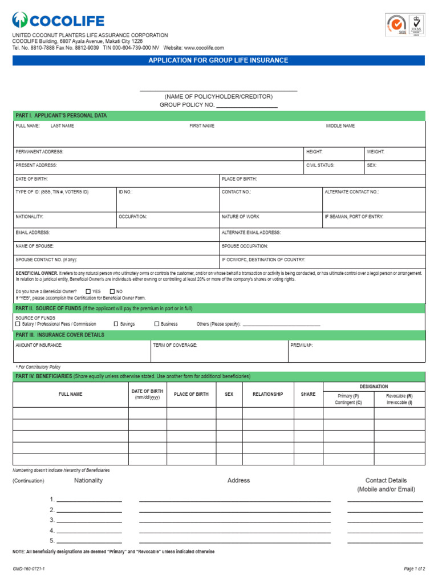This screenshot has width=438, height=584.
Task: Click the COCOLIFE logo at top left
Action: [58, 22]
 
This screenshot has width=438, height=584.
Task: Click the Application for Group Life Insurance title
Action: [218, 60]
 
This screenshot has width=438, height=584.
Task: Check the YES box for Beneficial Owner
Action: [88, 291]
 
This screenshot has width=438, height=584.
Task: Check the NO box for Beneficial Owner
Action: [112, 291]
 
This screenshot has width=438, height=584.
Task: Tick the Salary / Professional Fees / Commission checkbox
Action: [18, 324]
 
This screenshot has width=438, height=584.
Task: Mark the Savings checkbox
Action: [116, 324]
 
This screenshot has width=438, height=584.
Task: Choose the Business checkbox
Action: [157, 324]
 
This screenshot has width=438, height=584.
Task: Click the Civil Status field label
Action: [321, 165]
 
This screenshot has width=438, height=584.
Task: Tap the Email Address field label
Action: [33, 233]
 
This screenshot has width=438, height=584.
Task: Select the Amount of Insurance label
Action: [39, 345]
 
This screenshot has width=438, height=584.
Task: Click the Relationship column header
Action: [267, 394]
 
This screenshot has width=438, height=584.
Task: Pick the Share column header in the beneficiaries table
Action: [308, 394]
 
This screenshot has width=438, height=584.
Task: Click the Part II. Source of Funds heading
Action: [104, 309]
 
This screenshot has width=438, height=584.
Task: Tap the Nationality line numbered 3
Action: [89, 521]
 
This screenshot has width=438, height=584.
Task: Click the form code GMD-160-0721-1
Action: [29, 569]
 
